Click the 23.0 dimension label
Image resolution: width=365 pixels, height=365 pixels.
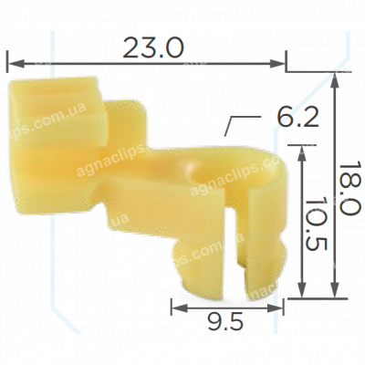[x=153, y=48]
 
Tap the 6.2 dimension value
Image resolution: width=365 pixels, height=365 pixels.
[x=297, y=118]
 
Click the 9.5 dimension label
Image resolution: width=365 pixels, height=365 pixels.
[x=225, y=321]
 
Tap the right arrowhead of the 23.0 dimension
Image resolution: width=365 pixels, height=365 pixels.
[x=276, y=64]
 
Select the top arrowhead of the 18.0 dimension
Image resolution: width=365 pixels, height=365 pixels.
[x=335, y=80]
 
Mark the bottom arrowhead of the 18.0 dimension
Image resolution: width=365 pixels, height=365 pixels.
[x=335, y=289]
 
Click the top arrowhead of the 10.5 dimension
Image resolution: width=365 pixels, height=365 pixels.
[x=301, y=153]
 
